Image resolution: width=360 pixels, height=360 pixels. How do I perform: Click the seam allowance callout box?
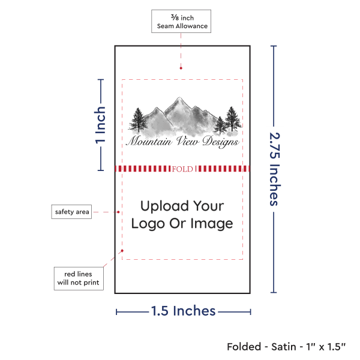[x=181, y=21]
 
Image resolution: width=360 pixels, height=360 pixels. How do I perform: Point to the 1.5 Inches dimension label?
[x=183, y=311]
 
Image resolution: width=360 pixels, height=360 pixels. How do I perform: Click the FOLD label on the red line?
[x=182, y=169]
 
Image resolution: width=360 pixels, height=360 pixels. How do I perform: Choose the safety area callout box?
[x=71, y=211]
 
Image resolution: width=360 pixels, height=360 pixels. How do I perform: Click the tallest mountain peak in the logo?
[x=178, y=102]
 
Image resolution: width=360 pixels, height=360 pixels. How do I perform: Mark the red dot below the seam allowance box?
[x=181, y=68]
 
